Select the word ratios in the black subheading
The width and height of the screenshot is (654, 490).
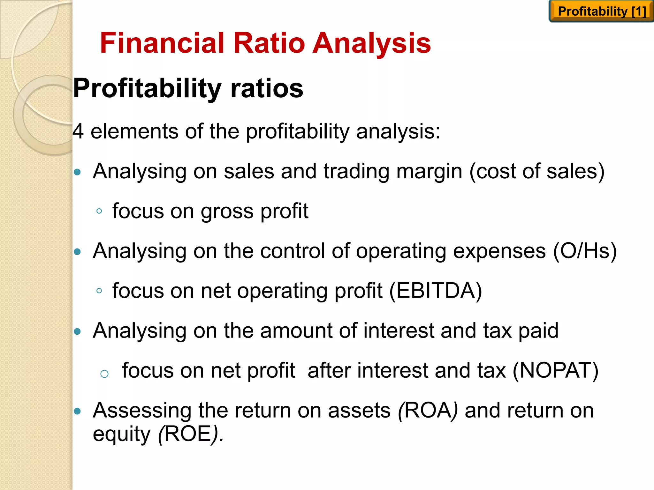point(267,88)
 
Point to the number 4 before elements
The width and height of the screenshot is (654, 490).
point(78,131)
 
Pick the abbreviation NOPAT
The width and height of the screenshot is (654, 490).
point(555,370)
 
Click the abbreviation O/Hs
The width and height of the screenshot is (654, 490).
point(585,251)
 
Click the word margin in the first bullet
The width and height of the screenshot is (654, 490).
point(429,172)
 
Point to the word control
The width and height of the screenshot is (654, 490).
point(293,251)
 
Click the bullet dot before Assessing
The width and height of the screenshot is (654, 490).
point(77,411)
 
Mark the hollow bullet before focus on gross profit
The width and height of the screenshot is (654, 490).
point(99,211)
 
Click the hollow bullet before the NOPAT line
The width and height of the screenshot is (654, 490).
point(104,374)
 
